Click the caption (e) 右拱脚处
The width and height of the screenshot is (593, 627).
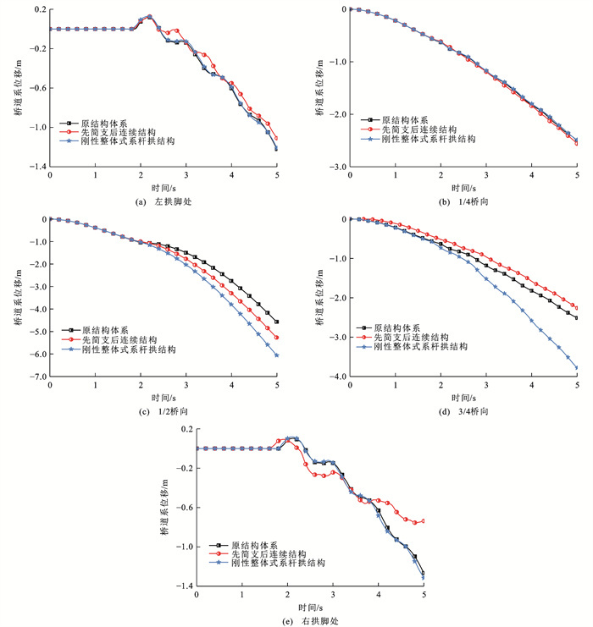coord(309,621)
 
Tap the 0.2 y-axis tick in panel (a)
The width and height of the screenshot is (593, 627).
coord(36,9)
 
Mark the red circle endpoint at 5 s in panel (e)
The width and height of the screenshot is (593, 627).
coord(423,520)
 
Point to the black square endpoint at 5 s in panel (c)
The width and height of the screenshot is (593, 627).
coord(277,322)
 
